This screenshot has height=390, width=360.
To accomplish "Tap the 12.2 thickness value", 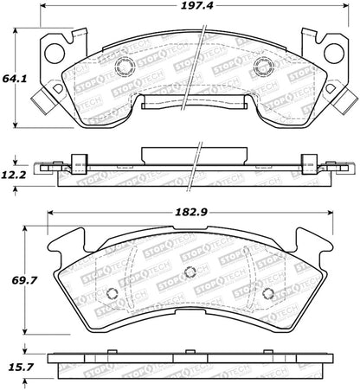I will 10,173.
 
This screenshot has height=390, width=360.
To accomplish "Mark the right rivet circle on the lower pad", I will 267,291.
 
